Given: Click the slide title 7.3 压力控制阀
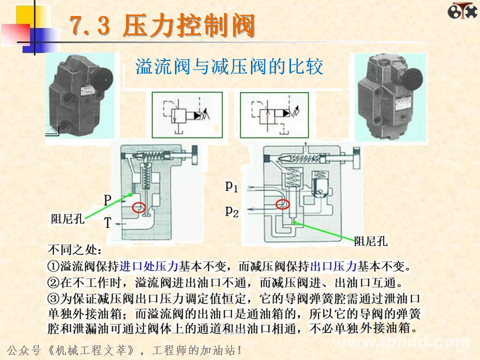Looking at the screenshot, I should point(162,26).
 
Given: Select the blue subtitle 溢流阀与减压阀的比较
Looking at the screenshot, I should point(229,66).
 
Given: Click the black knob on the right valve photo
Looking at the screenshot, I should point(413,79).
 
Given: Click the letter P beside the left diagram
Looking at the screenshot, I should point(107,200).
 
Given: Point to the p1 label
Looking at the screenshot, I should point(231,186).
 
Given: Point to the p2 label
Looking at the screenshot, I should point(231,211).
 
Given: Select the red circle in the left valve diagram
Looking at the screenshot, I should point(138,206).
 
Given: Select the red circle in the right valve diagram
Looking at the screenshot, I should point(282,204).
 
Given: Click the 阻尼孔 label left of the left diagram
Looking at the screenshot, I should point(67,218).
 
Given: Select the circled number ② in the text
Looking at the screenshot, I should point(53,282).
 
